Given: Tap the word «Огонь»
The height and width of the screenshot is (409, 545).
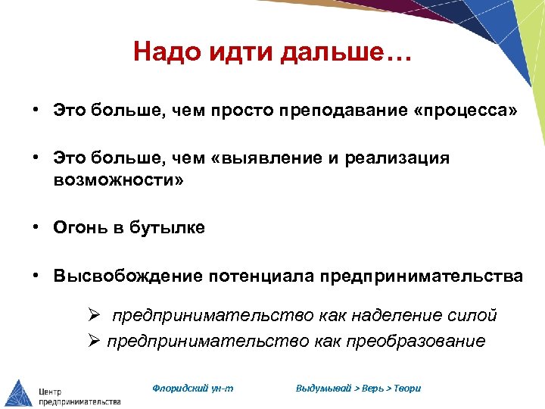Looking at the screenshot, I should coord(78,228).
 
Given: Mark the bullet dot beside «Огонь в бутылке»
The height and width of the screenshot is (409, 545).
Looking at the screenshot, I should coord(36,227).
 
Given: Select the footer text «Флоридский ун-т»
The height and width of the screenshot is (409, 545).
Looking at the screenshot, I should coord(192,388).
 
